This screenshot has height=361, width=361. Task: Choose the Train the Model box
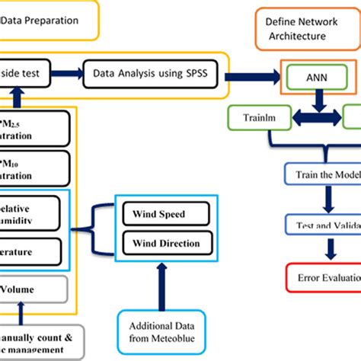[x=323, y=174]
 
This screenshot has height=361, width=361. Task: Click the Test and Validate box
[x=323, y=225]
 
